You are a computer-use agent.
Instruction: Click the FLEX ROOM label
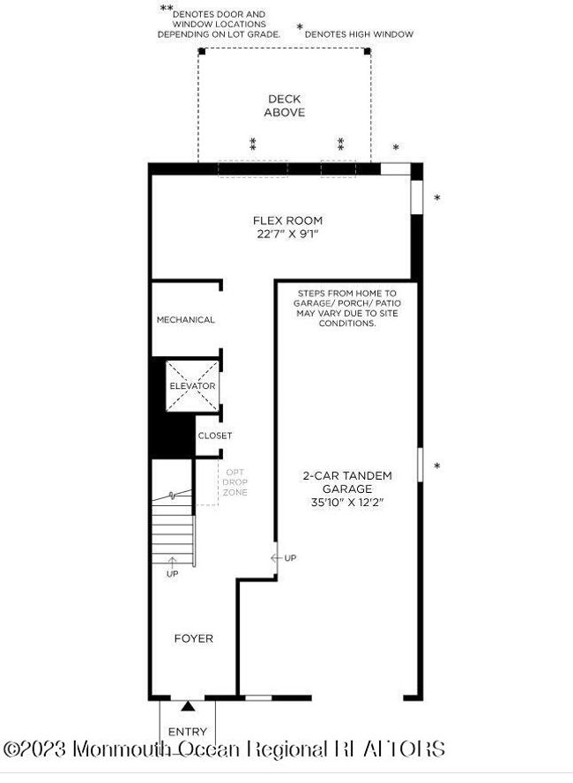pyautogui.click(x=287, y=220)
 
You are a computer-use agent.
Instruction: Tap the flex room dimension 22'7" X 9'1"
pyautogui.click(x=287, y=234)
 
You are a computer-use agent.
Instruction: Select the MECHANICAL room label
pyautogui.click(x=186, y=319)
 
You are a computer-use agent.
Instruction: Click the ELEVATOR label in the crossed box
pyautogui.click(x=192, y=386)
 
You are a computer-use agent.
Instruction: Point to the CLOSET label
pyautogui.click(x=215, y=436)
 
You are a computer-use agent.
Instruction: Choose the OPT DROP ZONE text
pyautogui.click(x=235, y=482)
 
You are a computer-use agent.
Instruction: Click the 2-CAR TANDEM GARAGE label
pyautogui.click(x=347, y=482)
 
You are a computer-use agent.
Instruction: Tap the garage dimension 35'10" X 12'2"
pyautogui.click(x=347, y=503)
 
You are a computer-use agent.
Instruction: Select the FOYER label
pyautogui.click(x=194, y=638)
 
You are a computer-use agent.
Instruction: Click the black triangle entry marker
pyautogui.click(x=188, y=705)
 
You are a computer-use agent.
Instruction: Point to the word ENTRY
pyautogui.click(x=188, y=732)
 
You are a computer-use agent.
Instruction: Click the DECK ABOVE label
pyautogui.click(x=285, y=106)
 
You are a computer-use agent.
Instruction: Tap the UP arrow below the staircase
pyautogui.click(x=172, y=563)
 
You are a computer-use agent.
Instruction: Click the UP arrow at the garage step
pyautogui.click(x=276, y=558)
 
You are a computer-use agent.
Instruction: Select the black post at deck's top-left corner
pyautogui.click(x=202, y=51)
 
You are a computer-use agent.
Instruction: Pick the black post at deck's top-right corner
pyautogui.click(x=368, y=51)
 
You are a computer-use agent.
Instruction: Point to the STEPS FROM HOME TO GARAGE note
pyautogui.click(x=347, y=308)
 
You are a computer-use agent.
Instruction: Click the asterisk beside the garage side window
pyautogui.click(x=437, y=466)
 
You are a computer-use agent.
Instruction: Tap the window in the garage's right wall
pyautogui.click(x=420, y=465)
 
